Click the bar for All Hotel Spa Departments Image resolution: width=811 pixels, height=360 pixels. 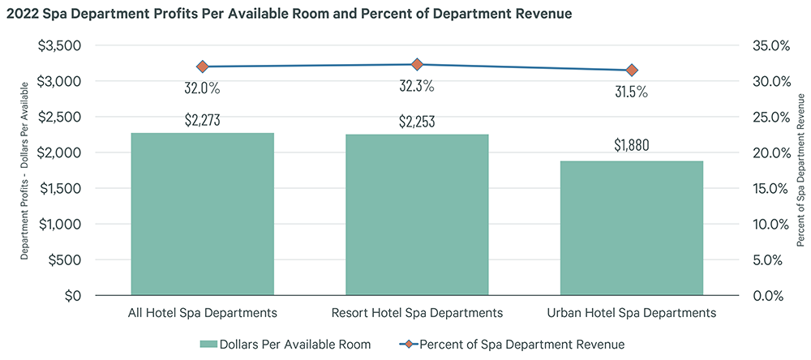(202, 214)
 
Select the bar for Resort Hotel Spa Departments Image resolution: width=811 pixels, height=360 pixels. (417, 215)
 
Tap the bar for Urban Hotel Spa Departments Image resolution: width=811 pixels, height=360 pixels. (632, 228)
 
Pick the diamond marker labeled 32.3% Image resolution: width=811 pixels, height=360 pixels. (417, 64)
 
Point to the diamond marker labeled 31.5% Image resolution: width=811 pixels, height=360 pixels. (632, 71)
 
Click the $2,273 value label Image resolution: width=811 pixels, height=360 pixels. (202, 121)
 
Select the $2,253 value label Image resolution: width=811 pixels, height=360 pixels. (417, 122)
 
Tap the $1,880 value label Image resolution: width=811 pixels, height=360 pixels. (632, 146)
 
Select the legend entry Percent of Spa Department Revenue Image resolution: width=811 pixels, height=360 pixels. (524, 344)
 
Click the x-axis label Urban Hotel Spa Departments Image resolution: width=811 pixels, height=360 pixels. (632, 312)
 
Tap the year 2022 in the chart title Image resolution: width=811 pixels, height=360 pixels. (22, 14)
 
